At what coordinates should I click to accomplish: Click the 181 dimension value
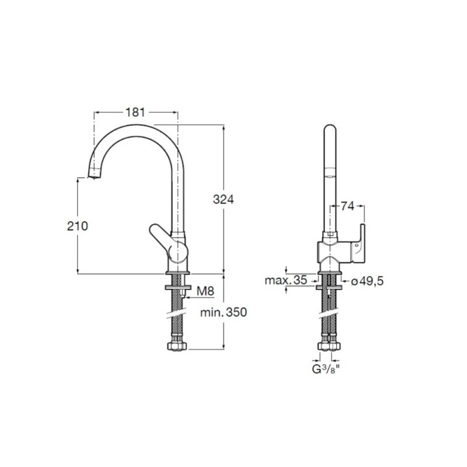(x=135, y=112)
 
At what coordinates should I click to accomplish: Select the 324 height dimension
(x=222, y=199)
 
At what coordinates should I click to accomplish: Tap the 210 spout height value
(x=77, y=226)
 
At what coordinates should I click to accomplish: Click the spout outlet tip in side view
(x=93, y=173)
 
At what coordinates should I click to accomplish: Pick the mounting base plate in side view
(x=177, y=273)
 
